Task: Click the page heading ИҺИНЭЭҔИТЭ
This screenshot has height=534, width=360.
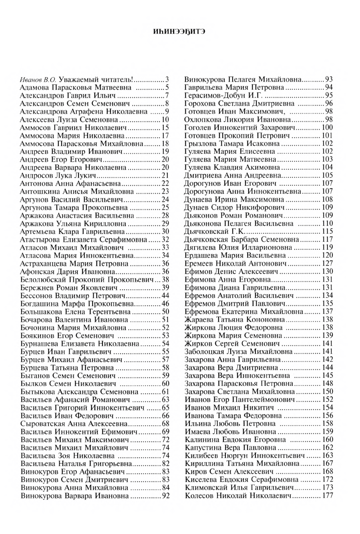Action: (179, 32)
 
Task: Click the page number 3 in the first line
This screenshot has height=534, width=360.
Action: (167, 79)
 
